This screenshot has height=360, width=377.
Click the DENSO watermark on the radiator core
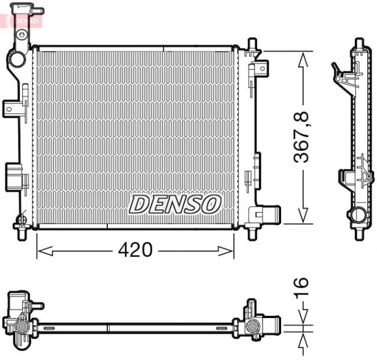(174, 204)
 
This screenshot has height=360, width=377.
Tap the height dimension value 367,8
(304, 137)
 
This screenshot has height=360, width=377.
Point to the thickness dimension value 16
(303, 290)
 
